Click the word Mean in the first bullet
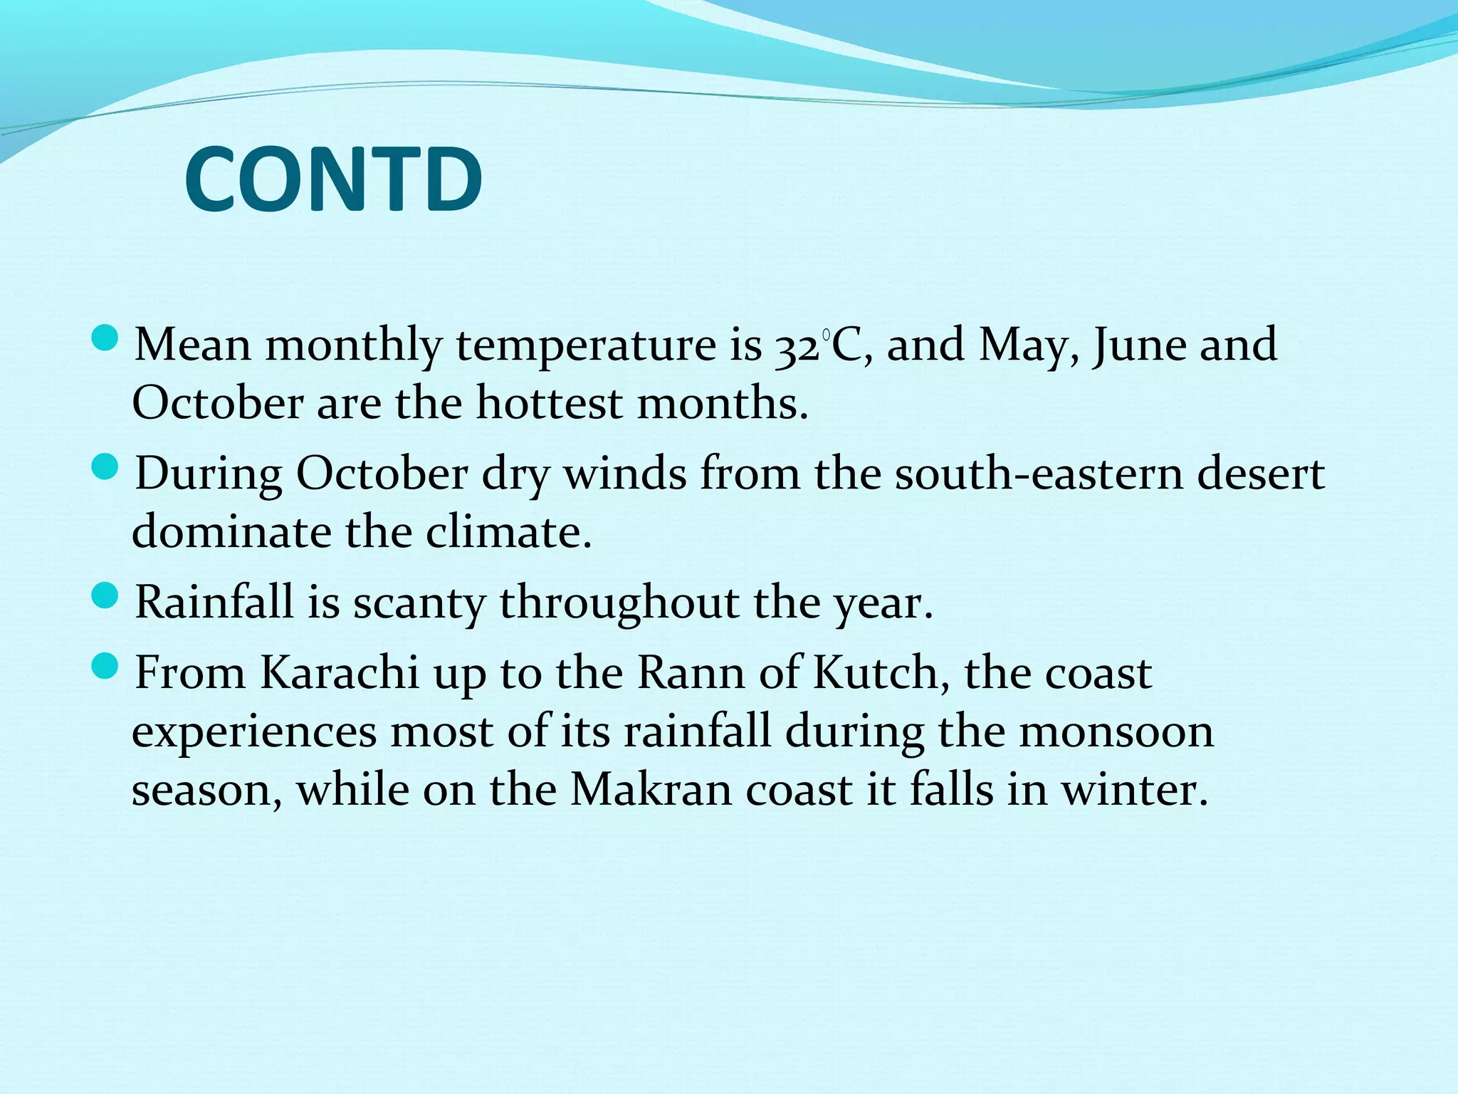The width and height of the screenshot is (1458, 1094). coord(193,345)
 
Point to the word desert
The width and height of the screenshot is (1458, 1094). coord(1261,474)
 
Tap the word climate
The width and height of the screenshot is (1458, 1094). coord(508,532)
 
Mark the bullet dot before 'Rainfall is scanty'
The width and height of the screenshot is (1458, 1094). coord(105,596)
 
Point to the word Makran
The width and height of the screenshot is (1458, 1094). coord(651,790)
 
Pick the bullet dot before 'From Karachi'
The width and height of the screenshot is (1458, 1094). coord(105,667)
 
